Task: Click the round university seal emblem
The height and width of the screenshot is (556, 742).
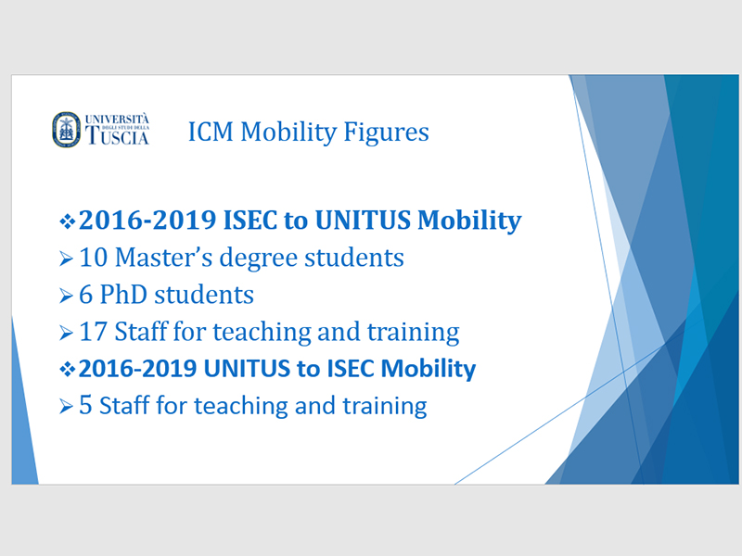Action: click(66, 130)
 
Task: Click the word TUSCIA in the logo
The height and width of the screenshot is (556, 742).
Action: click(117, 135)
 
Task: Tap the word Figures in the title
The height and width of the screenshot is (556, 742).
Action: click(386, 132)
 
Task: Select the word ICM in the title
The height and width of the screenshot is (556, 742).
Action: click(211, 132)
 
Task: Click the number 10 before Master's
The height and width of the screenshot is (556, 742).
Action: click(94, 258)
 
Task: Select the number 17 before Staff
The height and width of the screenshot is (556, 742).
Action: click(93, 332)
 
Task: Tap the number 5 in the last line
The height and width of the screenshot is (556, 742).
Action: click(85, 406)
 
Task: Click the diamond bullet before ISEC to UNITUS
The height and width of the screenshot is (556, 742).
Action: click(67, 221)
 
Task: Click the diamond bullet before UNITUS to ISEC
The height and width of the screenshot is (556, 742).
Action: click(67, 369)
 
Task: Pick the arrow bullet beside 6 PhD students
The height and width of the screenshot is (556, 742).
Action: click(66, 296)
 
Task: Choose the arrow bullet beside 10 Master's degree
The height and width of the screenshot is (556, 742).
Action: click(66, 259)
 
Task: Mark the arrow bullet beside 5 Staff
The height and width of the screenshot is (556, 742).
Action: click(66, 407)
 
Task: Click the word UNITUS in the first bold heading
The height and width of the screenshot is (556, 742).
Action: click(363, 221)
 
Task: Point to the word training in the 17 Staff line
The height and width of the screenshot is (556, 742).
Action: click(413, 333)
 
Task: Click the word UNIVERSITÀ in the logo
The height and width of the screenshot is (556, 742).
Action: click(117, 120)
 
